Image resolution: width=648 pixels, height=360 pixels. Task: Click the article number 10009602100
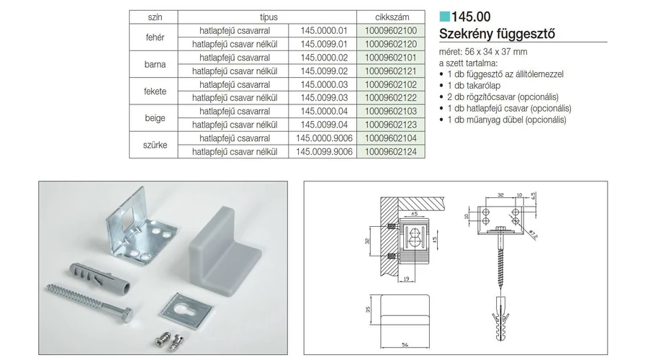pos(390,30)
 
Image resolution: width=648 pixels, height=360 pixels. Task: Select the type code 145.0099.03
pos(324,98)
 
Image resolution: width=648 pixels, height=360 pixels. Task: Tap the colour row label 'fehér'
pos(155,37)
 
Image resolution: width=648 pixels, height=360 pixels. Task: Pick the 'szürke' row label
pos(155,145)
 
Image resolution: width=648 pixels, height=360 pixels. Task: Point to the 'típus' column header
pos(269,17)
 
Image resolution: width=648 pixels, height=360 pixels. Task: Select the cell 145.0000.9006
pos(324,138)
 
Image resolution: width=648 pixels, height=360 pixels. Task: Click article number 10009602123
pos(390,125)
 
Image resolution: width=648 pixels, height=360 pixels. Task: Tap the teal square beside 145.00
pos(444,17)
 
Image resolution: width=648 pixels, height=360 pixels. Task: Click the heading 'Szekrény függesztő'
pos(497,33)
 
